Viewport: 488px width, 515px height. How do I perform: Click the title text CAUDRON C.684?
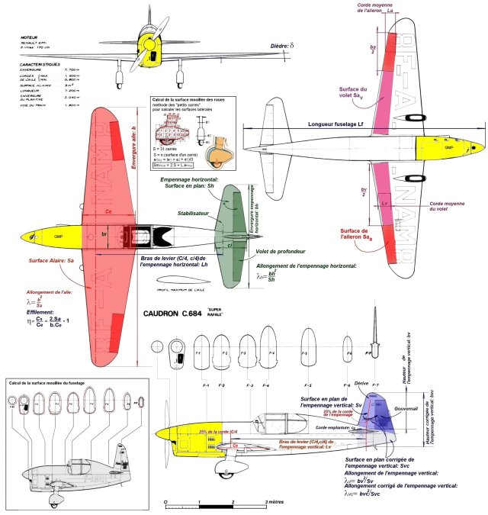pos(180,313)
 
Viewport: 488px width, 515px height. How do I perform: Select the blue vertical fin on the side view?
pos(377,419)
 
